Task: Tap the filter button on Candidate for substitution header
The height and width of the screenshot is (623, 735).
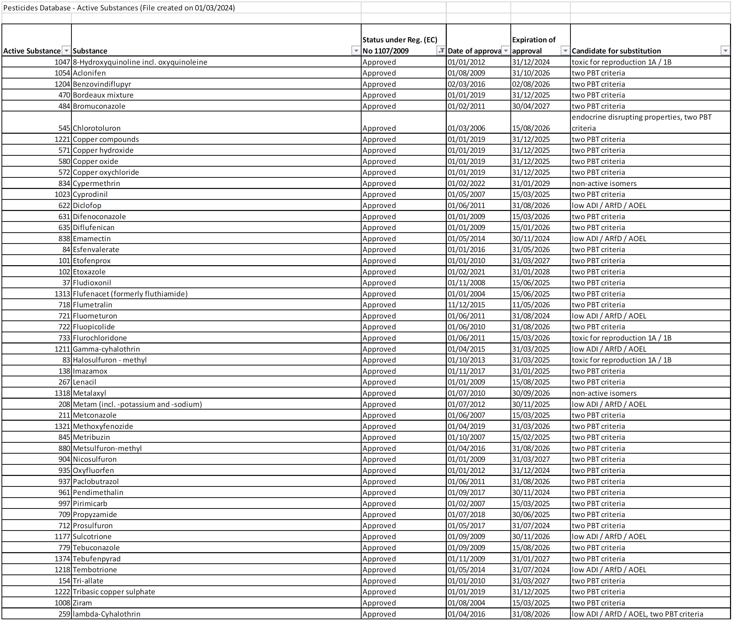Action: tap(725, 51)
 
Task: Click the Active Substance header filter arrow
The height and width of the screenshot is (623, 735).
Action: tap(66, 51)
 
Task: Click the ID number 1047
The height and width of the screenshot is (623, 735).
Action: tap(62, 62)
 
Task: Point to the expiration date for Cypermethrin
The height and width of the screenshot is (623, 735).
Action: tap(531, 183)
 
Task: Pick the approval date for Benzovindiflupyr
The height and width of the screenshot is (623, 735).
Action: tap(466, 84)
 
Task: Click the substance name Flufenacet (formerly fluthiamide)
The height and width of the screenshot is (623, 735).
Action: tap(130, 294)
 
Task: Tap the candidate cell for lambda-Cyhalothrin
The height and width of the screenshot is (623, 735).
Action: tap(637, 614)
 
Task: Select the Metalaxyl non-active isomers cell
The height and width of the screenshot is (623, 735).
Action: tap(604, 393)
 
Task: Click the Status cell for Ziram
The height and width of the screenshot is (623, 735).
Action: tap(379, 603)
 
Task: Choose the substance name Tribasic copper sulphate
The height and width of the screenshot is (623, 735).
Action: tap(114, 592)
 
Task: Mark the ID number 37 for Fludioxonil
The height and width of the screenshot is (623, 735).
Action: tap(66, 283)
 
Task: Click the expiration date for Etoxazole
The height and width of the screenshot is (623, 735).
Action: tap(531, 272)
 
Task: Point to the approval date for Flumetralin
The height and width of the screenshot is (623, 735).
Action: tap(466, 305)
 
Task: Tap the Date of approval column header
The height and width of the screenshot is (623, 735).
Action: tap(474, 51)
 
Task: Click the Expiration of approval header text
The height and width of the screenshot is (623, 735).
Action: tap(533, 45)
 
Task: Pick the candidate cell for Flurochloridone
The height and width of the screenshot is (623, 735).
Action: tap(621, 338)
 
